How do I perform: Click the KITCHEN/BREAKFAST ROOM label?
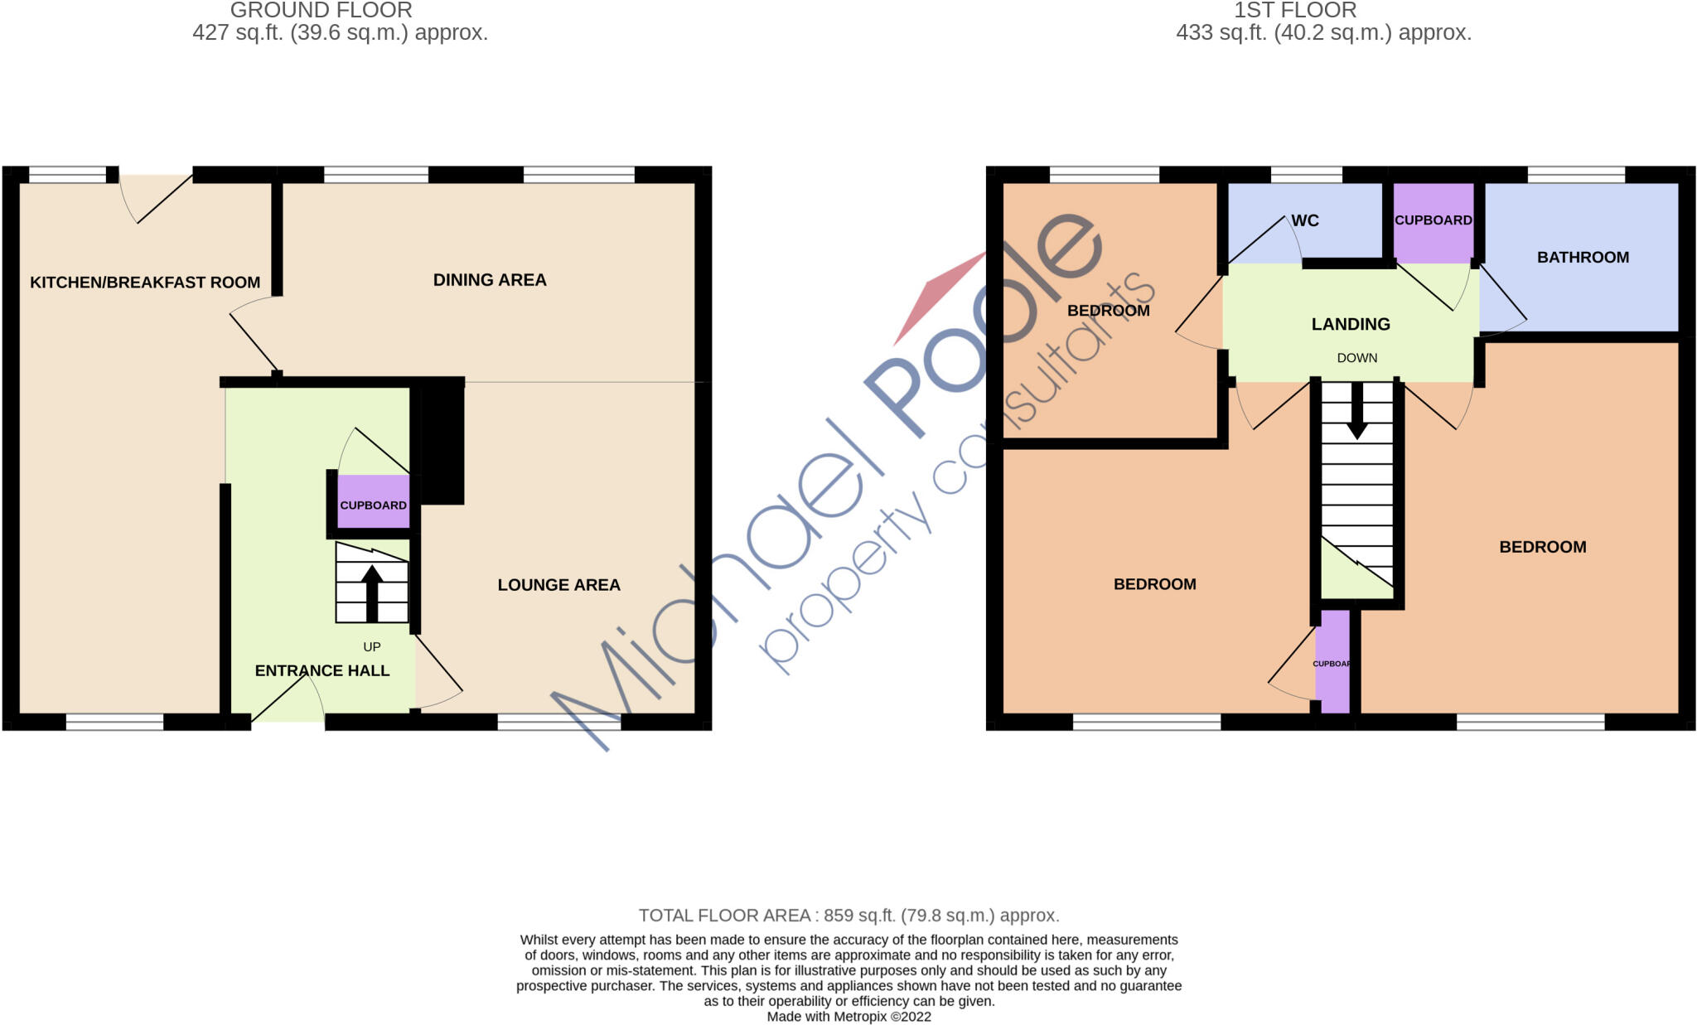[x=145, y=283]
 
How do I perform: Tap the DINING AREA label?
[x=490, y=280]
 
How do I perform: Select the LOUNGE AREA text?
[x=558, y=585]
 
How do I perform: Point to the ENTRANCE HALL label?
[x=322, y=670]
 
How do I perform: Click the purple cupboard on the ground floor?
[x=374, y=502]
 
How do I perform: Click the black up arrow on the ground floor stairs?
[x=372, y=592]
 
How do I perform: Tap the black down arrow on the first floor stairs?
[x=1356, y=410]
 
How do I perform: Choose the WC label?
[x=1305, y=220]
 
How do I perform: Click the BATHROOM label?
[x=1583, y=257]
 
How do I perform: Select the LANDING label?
[x=1351, y=324]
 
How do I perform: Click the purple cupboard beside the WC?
[x=1433, y=221]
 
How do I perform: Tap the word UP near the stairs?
[x=372, y=646]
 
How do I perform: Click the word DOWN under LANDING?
[x=1357, y=358]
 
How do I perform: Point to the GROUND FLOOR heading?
[x=321, y=11]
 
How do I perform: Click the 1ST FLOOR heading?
[x=1295, y=11]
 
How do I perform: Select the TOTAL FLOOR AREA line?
[x=848, y=916]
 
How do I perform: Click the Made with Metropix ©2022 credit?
[x=848, y=1017]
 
